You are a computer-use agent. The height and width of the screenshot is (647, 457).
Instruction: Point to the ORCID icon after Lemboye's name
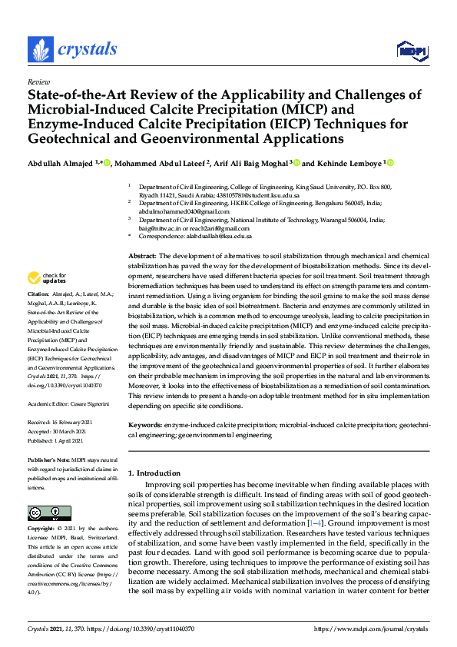(390, 163)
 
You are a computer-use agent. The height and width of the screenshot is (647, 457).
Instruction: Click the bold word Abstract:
(142, 255)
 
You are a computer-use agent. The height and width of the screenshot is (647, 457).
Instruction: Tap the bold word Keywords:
(145, 424)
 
